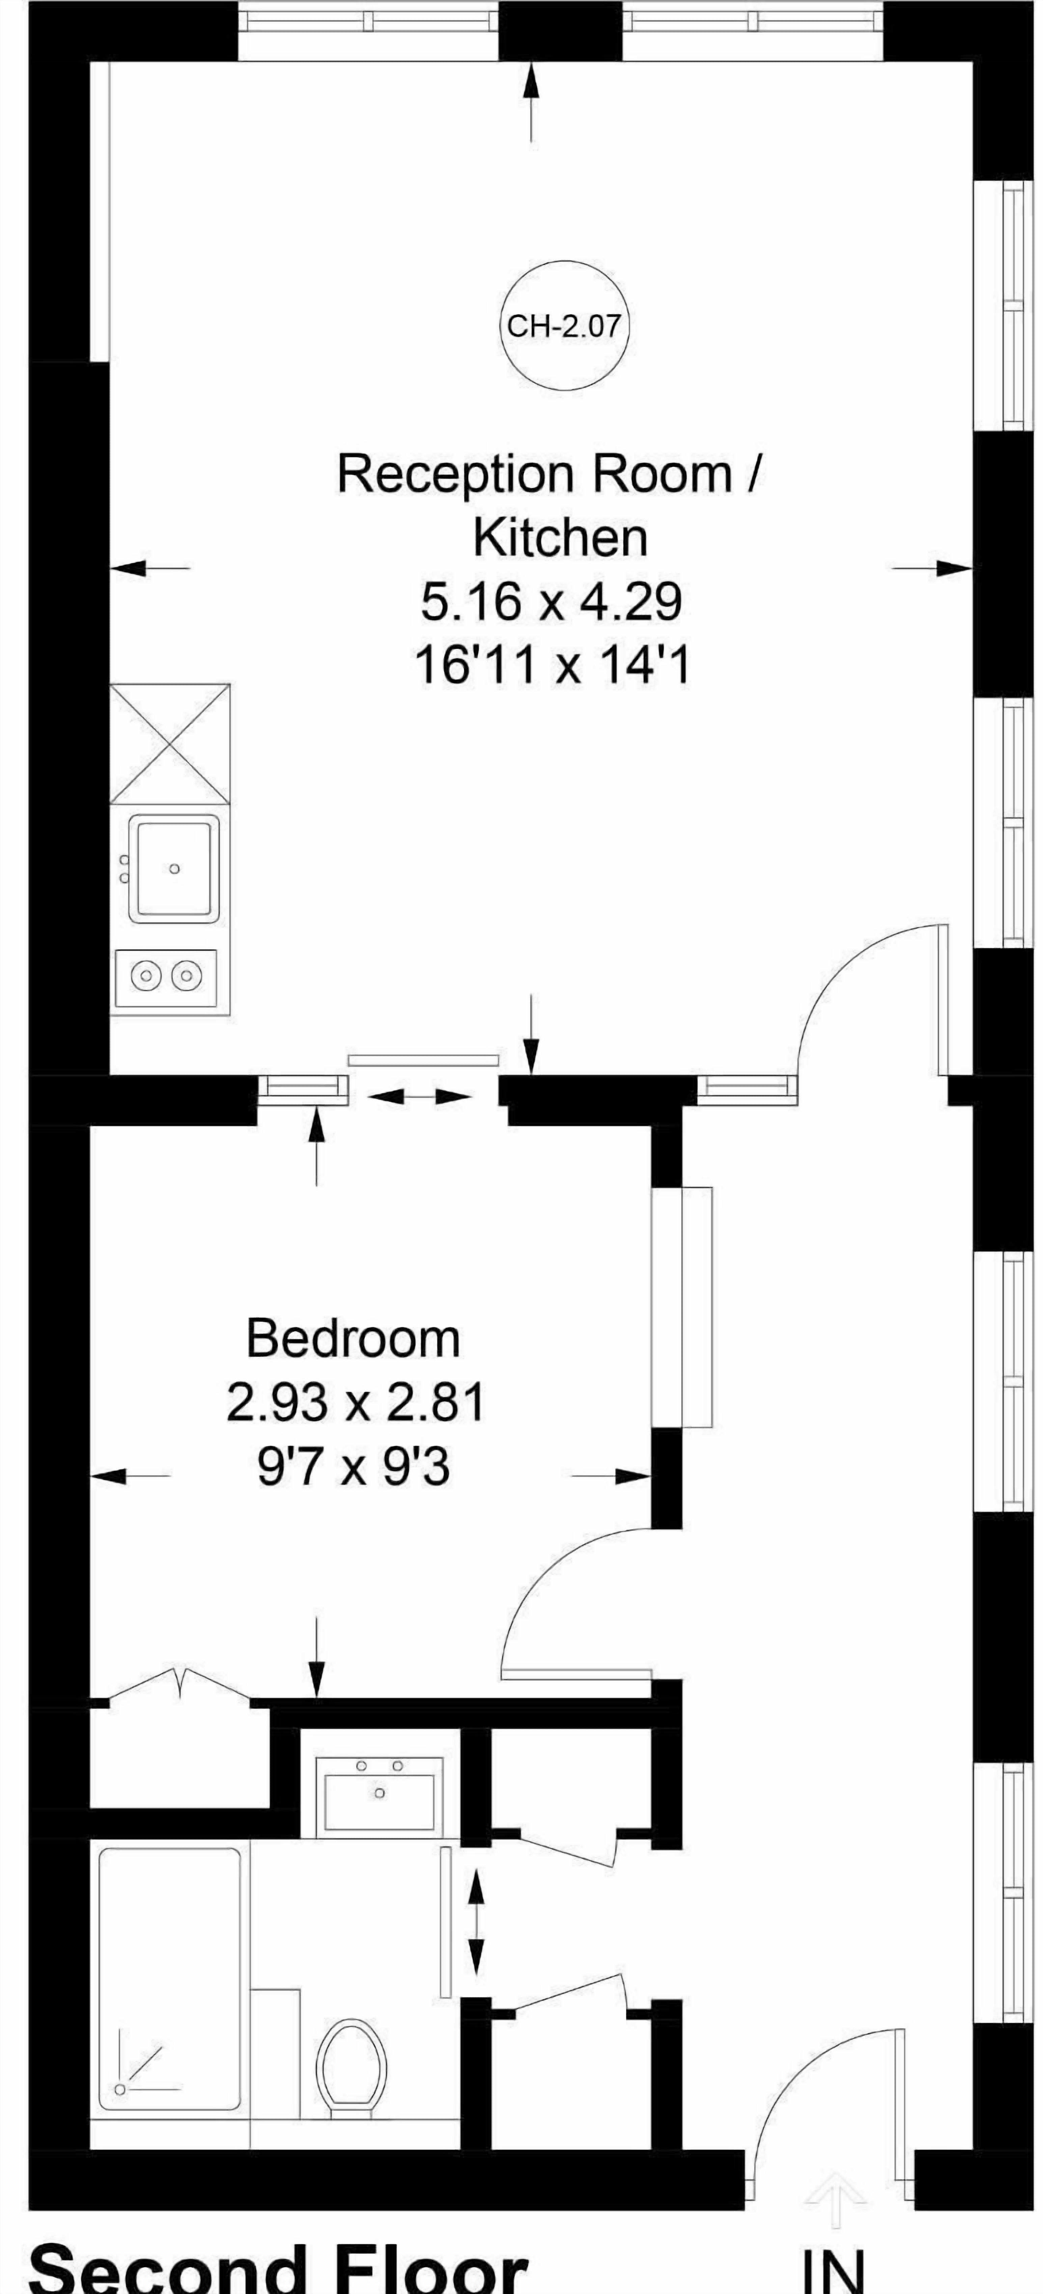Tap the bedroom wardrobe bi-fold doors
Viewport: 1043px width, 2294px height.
(181, 1683)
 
